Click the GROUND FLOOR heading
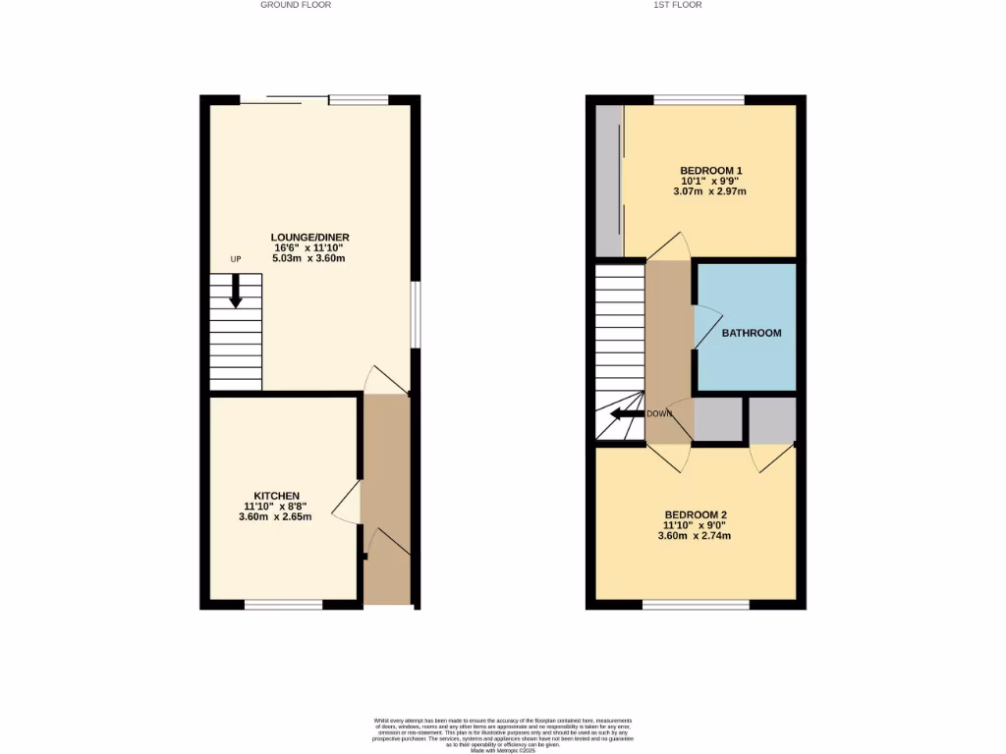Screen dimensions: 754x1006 [x=296, y=5]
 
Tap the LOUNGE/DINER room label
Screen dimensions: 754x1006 [x=310, y=238]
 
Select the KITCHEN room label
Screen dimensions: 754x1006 [x=276, y=496]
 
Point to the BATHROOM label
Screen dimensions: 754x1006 [x=752, y=333]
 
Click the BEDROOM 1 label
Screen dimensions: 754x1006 [x=710, y=171]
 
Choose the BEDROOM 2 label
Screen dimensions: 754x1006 [x=697, y=515]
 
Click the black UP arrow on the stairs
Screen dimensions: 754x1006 [x=236, y=291]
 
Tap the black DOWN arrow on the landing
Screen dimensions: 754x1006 [x=624, y=413]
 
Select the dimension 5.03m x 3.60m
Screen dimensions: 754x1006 [x=310, y=258]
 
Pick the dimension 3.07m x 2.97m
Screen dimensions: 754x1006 [x=709, y=191]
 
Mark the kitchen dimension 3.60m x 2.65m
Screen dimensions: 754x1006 [x=275, y=516]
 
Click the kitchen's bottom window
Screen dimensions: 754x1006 [x=283, y=605]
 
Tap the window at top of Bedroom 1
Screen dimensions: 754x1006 [x=699, y=100]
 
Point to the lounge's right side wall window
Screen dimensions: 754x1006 [x=416, y=314]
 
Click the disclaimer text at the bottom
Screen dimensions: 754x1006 [x=503, y=734]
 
